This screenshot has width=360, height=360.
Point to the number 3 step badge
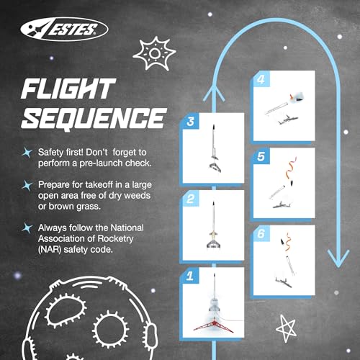pos(189,122)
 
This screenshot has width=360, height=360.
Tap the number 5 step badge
pos(261,155)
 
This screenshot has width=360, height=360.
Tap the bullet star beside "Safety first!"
pos(27,153)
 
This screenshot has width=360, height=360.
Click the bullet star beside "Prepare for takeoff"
pos(27,186)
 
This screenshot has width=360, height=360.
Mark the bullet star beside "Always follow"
pos(27,230)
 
